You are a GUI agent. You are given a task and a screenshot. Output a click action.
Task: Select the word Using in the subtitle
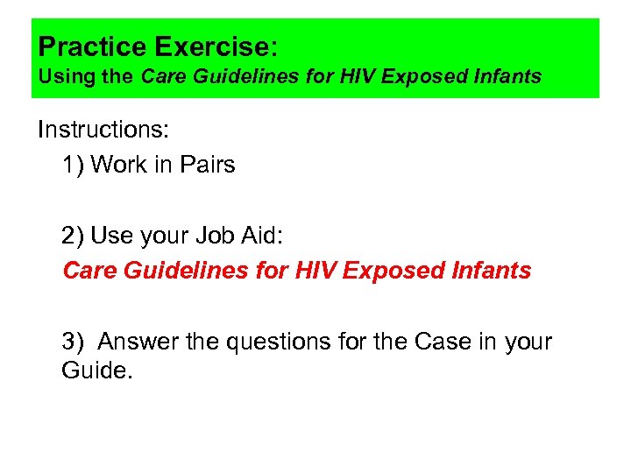point(65,76)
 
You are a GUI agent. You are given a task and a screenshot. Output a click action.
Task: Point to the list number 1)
point(73,164)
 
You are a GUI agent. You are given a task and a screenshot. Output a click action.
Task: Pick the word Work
point(119,164)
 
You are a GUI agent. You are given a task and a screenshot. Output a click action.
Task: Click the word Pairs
point(204,164)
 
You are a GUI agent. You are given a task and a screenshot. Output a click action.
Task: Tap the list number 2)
point(73,236)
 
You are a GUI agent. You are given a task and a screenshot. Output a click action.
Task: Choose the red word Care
point(90,271)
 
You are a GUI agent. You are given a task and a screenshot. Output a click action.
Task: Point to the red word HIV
point(315,271)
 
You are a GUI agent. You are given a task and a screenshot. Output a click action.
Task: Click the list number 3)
point(73,341)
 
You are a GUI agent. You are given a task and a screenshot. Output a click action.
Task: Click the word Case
point(425,341)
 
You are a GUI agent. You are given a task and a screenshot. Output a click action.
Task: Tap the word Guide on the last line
point(94,371)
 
